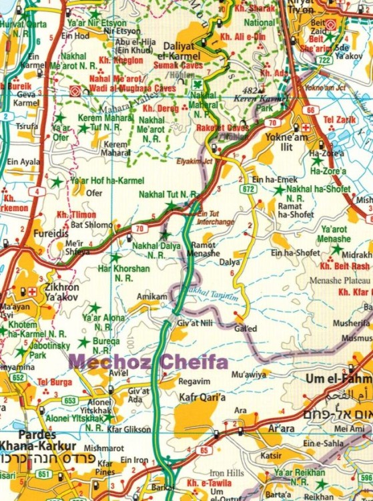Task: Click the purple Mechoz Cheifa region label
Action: pos(149,363)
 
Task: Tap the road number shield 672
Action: pos(249,189)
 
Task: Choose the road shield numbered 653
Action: pos(70,400)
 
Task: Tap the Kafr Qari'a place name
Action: pos(202,397)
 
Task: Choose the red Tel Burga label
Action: pos(53,381)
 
